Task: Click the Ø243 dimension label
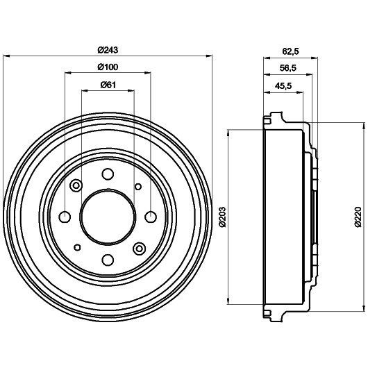(108, 50)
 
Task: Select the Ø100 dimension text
(108, 67)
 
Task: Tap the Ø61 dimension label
(108, 85)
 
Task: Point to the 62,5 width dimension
(290, 51)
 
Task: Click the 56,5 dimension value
(288, 68)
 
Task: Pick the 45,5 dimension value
(283, 86)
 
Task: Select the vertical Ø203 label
(222, 217)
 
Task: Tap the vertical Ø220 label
(358, 217)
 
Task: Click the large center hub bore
(108, 217)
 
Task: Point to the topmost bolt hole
(108, 174)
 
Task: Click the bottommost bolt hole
(108, 260)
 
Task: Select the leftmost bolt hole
(65, 217)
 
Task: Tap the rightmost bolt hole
(151, 217)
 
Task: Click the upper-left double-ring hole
(76, 185)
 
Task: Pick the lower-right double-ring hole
(140, 249)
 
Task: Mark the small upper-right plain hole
(138, 187)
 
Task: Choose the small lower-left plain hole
(77, 247)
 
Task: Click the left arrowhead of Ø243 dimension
(6, 56)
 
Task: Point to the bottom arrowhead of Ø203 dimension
(228, 301)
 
